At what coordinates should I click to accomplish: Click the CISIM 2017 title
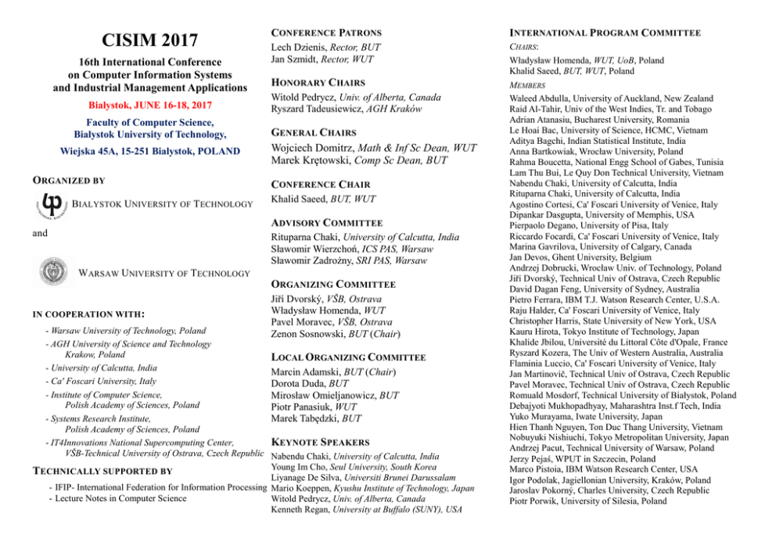pos(149,39)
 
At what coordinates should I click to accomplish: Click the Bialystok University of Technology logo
pos(52,204)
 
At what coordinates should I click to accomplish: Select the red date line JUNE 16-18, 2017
pos(149,105)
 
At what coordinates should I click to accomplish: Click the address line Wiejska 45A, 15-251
pos(149,151)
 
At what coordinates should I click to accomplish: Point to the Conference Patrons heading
pos(325,33)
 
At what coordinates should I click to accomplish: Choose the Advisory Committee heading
pos(326,223)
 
